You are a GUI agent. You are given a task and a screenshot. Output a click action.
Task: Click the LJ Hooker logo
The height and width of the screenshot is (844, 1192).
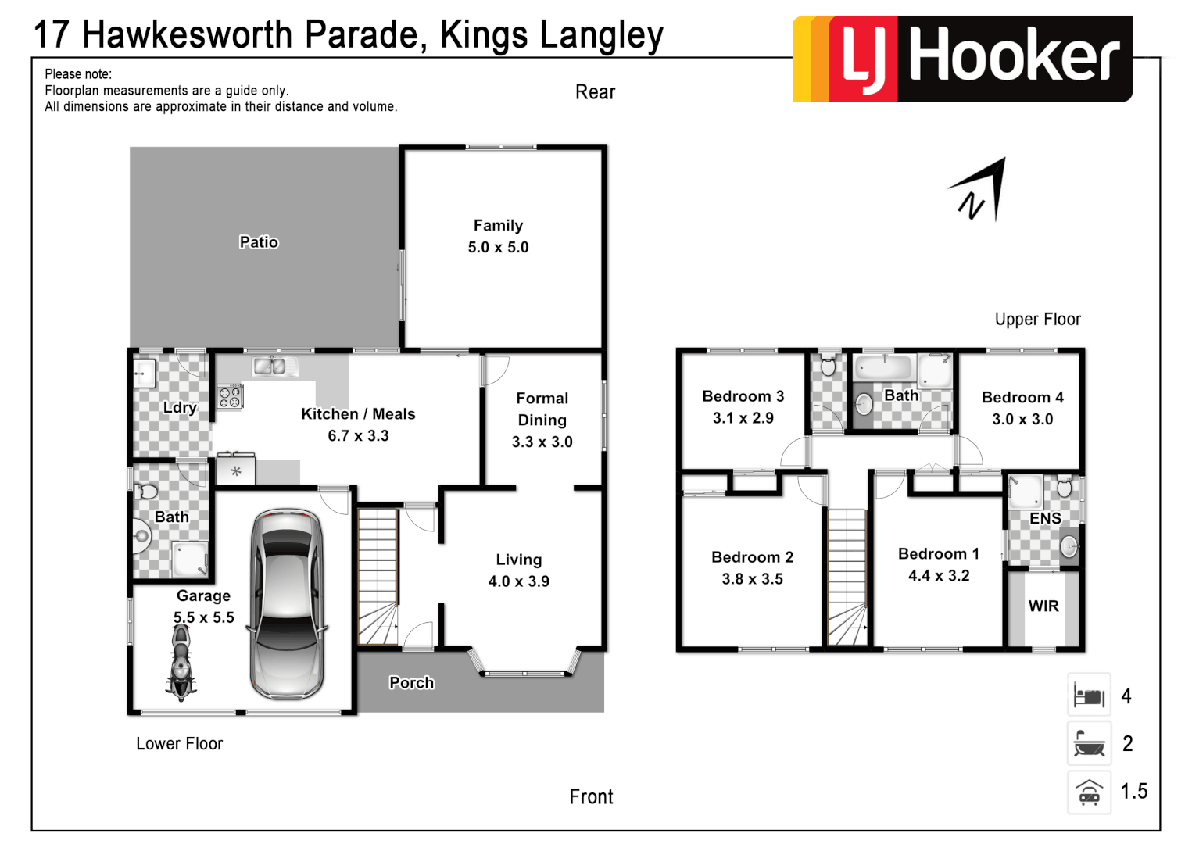962,59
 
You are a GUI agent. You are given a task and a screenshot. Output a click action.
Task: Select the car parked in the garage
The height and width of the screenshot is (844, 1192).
287,603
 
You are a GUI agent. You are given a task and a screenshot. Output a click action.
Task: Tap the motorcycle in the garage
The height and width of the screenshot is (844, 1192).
181,662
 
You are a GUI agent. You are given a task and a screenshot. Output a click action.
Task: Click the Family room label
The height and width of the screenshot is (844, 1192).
498,225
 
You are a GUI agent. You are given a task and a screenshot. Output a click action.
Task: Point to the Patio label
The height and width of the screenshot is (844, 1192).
259,242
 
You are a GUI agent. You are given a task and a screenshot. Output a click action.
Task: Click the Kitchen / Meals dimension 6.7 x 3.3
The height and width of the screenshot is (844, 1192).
358,436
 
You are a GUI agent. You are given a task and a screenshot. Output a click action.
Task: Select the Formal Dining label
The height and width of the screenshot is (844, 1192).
542,409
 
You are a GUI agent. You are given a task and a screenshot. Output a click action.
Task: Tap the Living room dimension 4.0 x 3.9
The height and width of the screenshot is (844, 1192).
518,581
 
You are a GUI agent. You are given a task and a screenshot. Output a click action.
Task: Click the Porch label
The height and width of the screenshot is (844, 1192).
411,682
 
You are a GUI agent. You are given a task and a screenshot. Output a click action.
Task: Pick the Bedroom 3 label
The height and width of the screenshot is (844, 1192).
743,396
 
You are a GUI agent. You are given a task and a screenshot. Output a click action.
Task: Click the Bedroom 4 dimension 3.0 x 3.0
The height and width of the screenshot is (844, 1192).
1022,419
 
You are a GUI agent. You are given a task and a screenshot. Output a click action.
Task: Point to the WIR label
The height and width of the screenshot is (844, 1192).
1043,606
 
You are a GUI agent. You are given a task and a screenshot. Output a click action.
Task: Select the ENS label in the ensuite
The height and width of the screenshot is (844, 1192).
1045,518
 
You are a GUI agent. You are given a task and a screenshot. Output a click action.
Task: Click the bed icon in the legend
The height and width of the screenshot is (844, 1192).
1089,695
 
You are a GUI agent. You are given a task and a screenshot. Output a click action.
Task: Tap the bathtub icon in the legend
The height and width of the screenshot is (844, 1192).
1089,743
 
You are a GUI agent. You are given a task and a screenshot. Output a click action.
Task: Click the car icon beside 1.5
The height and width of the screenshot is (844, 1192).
1089,792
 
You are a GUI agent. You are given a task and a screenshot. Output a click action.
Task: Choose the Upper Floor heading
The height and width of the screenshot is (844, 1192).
1037,319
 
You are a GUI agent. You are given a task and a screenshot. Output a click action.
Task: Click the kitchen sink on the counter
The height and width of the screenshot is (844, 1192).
275,365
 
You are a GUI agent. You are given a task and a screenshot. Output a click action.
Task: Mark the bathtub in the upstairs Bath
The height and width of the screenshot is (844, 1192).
883,367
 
